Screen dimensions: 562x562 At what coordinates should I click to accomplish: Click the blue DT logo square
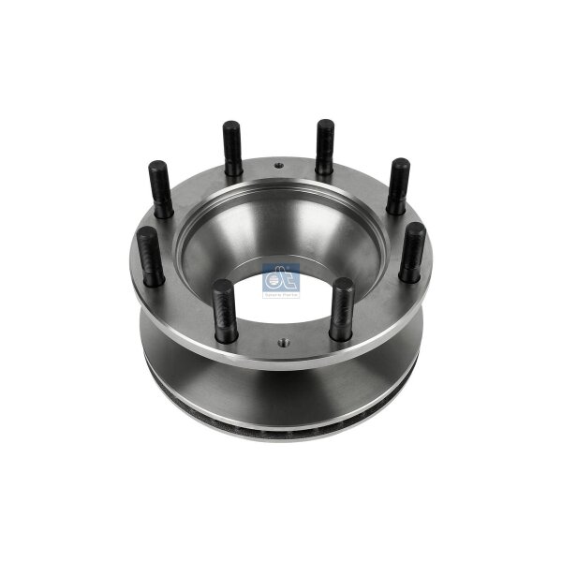coord(281,278)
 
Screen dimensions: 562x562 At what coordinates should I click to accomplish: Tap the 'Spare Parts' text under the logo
coord(281,294)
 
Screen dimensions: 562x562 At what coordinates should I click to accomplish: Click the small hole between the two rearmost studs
coord(279,166)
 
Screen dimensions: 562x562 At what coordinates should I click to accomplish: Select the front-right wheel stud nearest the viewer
coord(342,309)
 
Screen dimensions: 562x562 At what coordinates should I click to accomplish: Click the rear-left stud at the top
coord(232,149)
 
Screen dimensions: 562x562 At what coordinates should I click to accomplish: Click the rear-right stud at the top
coord(325,148)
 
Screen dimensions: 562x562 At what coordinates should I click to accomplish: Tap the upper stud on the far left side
coord(160,187)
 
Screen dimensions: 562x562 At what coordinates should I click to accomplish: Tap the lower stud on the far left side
coord(151,256)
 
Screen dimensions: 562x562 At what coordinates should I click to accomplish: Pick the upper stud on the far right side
coord(399,186)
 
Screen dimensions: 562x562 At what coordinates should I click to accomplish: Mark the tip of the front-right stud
coord(342,284)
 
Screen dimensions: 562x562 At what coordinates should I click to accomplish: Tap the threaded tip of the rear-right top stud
coord(325,126)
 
